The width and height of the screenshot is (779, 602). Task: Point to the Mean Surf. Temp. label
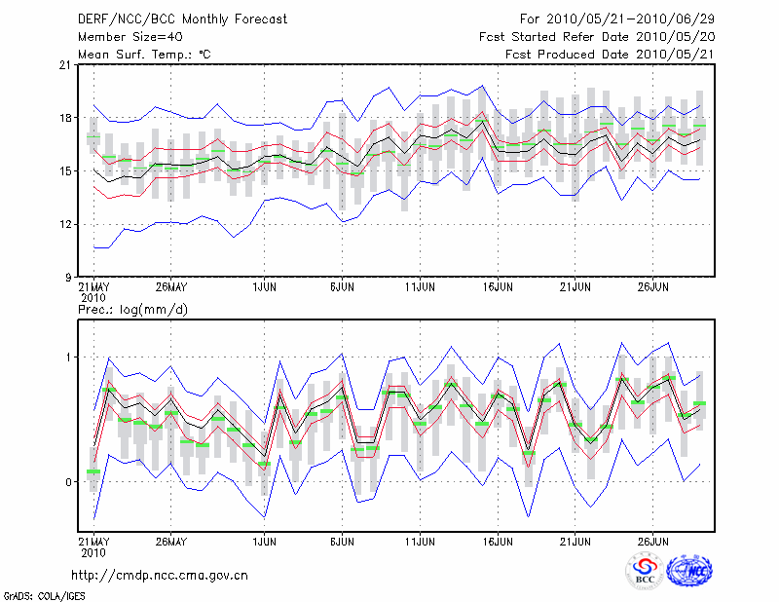point(144,54)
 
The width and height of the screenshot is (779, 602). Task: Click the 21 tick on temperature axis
point(64,65)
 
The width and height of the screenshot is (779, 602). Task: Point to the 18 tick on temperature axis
point(64,118)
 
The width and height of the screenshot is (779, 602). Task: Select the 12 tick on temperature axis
point(64,224)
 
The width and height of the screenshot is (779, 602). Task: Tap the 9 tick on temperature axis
point(67,277)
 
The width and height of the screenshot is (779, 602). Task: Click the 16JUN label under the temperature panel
point(499,288)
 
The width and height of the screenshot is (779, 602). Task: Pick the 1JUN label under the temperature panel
point(263,288)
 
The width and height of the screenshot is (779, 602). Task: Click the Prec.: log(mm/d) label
point(133,310)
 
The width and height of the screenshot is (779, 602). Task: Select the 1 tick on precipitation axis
point(68,357)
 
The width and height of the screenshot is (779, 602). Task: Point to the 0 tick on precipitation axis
point(68,482)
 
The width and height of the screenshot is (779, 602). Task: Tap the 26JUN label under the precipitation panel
point(654,540)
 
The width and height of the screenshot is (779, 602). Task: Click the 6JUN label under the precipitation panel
point(342,540)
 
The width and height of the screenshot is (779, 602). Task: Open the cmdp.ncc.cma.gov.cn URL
point(160,575)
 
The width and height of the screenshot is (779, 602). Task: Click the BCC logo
point(644,573)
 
